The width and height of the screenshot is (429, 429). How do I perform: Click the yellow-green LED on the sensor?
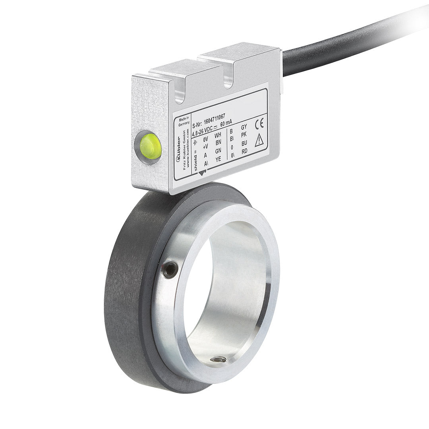[x=149, y=147]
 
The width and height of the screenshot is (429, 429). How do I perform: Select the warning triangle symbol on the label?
[x=259, y=140]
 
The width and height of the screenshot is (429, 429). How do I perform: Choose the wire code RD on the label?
[x=245, y=151]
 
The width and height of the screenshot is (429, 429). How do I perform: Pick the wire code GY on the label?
[x=244, y=128]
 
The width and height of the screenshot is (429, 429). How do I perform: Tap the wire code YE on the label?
[x=218, y=159]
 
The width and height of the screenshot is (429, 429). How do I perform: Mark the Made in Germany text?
[x=184, y=121]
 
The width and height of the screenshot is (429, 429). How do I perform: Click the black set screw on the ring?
[x=170, y=271]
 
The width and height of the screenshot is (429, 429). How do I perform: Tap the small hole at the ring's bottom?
[x=218, y=360]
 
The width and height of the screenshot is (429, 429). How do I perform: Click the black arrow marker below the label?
[x=203, y=172]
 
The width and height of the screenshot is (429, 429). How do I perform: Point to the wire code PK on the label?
[x=244, y=135]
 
